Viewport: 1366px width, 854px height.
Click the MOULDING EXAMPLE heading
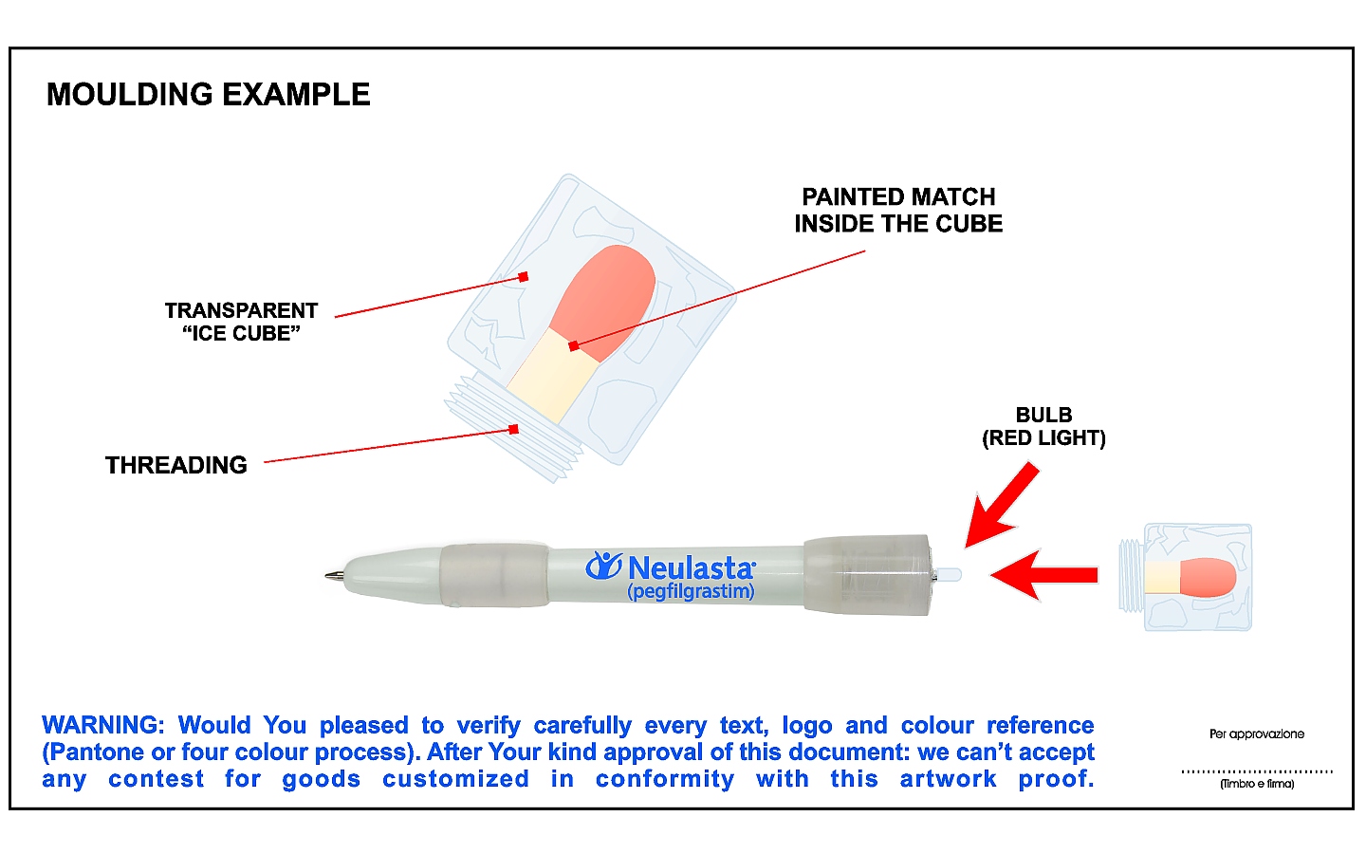[x=209, y=95]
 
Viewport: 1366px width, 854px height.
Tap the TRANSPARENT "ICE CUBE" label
[x=242, y=322]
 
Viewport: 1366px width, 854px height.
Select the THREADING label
[x=176, y=465]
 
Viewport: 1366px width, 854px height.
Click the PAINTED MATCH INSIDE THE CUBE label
[x=898, y=211]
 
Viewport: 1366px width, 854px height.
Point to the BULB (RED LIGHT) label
[x=1044, y=426]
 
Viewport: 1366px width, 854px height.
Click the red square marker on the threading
[x=514, y=430]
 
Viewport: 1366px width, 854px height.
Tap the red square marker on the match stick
[x=573, y=346]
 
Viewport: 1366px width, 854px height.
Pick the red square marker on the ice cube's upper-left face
[x=524, y=277]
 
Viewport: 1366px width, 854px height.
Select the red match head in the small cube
[x=1209, y=577]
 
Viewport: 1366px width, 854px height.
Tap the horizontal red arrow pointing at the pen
[x=1044, y=575]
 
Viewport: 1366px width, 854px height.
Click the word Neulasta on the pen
[x=692, y=567]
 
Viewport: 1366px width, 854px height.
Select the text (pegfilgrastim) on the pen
[x=691, y=591]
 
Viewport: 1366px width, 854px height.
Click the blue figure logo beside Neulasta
[x=603, y=566]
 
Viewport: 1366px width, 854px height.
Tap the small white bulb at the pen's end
[x=949, y=574]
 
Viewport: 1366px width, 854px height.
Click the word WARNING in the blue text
[x=103, y=725]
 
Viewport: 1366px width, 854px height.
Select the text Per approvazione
[x=1257, y=733]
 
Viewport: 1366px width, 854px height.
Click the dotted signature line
[x=1257, y=771]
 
